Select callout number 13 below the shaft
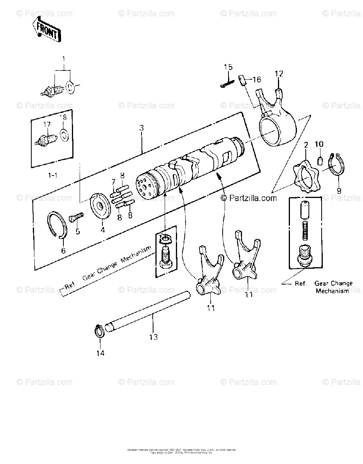coord(153,337)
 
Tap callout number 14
coord(100,353)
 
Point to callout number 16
coord(257,80)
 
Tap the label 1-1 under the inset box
coord(52,175)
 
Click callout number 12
coord(279,73)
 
